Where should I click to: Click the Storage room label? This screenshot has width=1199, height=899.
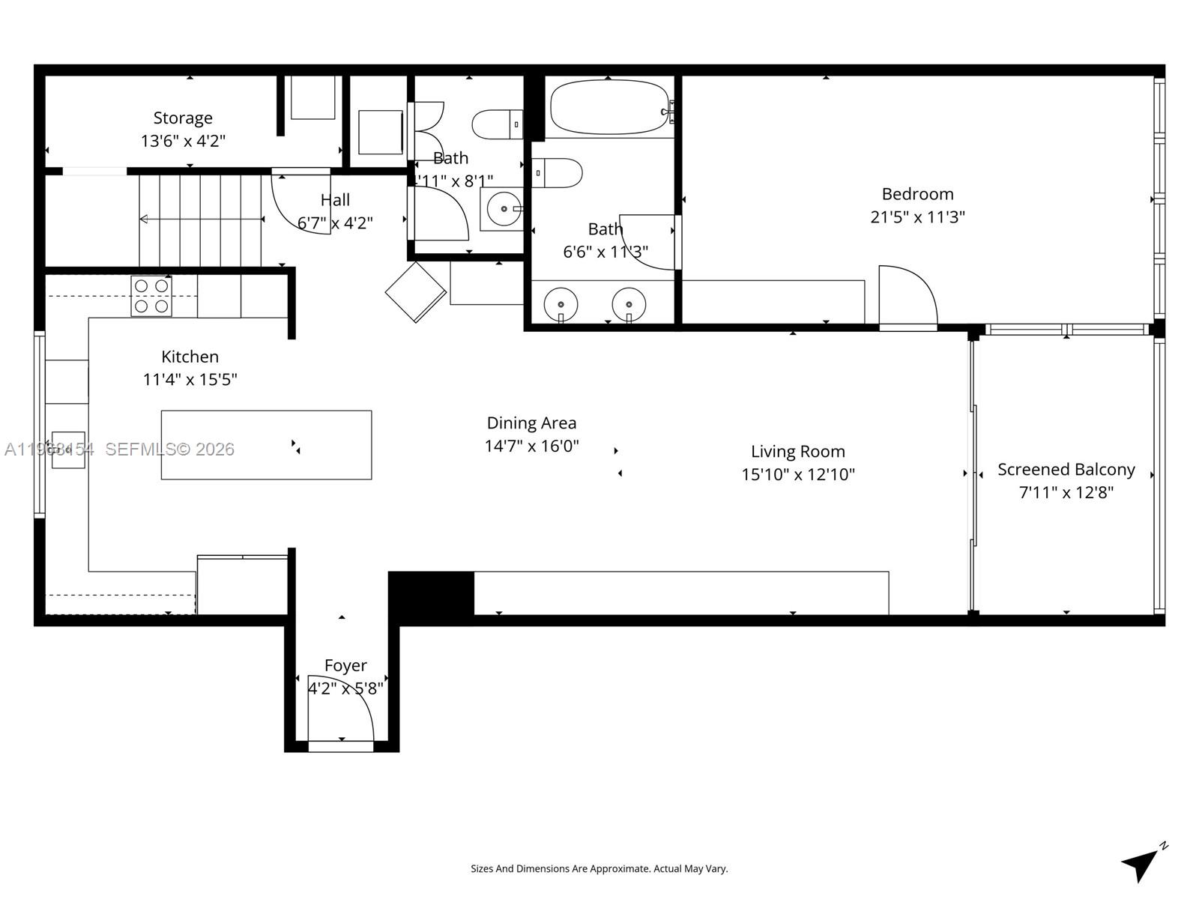(183, 118)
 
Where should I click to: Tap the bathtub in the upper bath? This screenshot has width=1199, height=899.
(610, 107)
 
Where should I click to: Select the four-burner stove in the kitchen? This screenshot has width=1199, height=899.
(151, 296)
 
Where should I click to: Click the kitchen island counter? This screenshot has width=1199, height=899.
(266, 444)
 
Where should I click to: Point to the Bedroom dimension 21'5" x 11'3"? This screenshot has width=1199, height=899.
(917, 217)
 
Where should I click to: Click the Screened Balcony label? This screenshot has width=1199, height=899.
(1066, 470)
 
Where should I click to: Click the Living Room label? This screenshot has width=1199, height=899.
(797, 452)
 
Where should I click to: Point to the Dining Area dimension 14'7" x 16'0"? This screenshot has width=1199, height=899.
(531, 447)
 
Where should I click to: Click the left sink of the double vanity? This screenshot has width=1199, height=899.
(561, 305)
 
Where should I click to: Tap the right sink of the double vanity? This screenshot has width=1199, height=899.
(629, 305)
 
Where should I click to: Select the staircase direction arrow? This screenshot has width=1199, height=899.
(201, 219)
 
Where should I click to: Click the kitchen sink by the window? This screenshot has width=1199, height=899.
(67, 449)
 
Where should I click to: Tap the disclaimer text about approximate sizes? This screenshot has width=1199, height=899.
(599, 869)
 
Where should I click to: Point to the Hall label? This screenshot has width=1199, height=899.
(335, 200)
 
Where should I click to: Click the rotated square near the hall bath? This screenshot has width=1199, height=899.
(416, 291)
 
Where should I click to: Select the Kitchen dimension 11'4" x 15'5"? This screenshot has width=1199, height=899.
(190, 380)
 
